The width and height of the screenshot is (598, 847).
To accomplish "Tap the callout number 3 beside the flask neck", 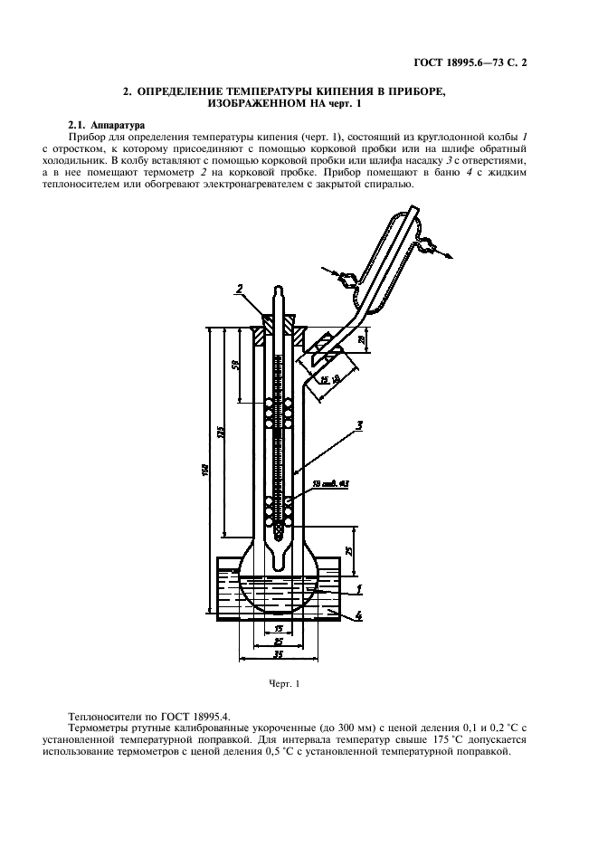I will click(x=359, y=424).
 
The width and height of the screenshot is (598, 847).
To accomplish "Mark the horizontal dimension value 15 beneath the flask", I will click(x=280, y=627).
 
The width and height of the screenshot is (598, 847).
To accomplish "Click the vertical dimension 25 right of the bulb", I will click(x=350, y=548).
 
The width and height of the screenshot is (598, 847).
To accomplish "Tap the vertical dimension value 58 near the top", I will click(x=235, y=366).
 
